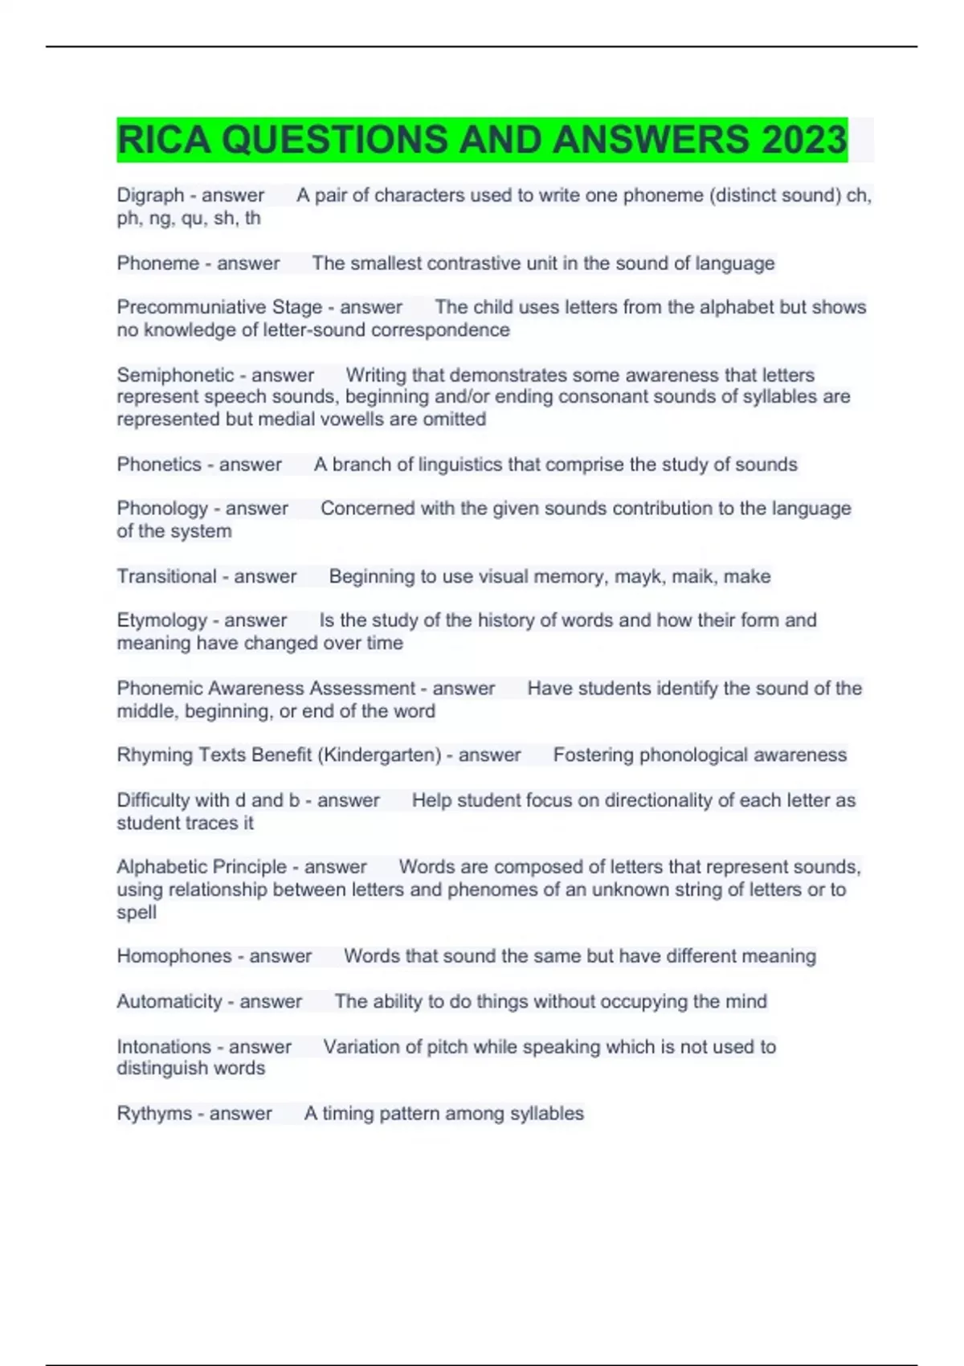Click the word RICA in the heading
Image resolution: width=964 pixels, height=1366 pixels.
coord(164,140)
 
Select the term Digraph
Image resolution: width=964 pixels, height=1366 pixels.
coord(150,195)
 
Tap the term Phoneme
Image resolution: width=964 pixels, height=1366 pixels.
coord(157,264)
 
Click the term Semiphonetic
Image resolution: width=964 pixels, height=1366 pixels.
coord(175,375)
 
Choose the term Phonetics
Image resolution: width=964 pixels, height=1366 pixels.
coord(159,464)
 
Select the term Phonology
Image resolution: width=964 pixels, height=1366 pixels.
coord(162,509)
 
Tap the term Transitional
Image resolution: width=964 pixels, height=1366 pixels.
coord(166,576)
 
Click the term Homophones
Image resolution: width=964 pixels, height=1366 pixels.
coord(174,956)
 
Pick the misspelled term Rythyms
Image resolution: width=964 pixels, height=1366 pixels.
coord(154,1114)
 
